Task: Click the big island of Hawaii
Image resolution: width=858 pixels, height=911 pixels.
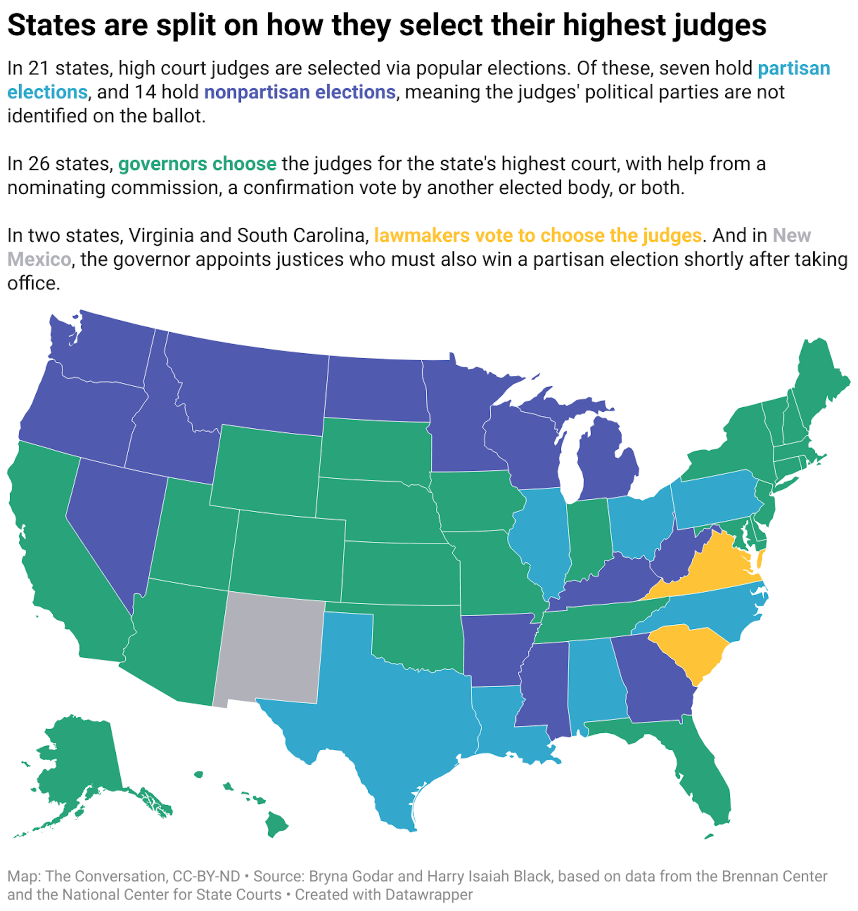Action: (x=276, y=825)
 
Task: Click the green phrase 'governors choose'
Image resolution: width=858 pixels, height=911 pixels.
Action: (x=197, y=164)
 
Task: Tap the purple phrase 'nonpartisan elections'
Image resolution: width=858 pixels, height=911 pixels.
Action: (x=299, y=92)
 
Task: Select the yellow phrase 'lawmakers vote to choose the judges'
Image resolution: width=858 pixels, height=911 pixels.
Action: (x=538, y=235)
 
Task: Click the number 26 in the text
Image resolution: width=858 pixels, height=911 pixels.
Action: (x=38, y=164)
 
